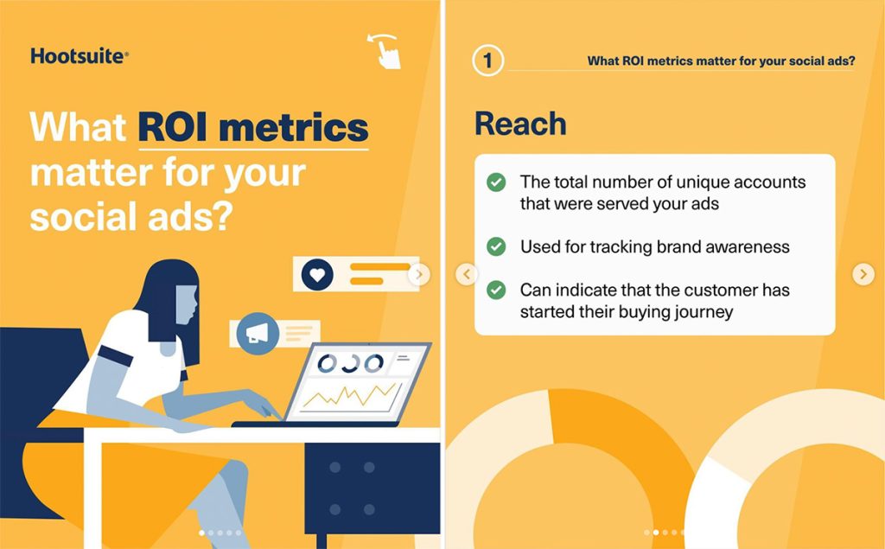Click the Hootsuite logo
click(x=80, y=57)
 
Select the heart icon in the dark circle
click(x=317, y=275)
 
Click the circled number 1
click(x=488, y=61)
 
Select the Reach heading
click(x=520, y=124)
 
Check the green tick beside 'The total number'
click(x=496, y=182)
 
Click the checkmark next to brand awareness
click(x=496, y=247)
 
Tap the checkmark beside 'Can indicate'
click(x=496, y=290)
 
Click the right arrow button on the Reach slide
click(x=863, y=275)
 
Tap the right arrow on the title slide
click(x=419, y=275)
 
